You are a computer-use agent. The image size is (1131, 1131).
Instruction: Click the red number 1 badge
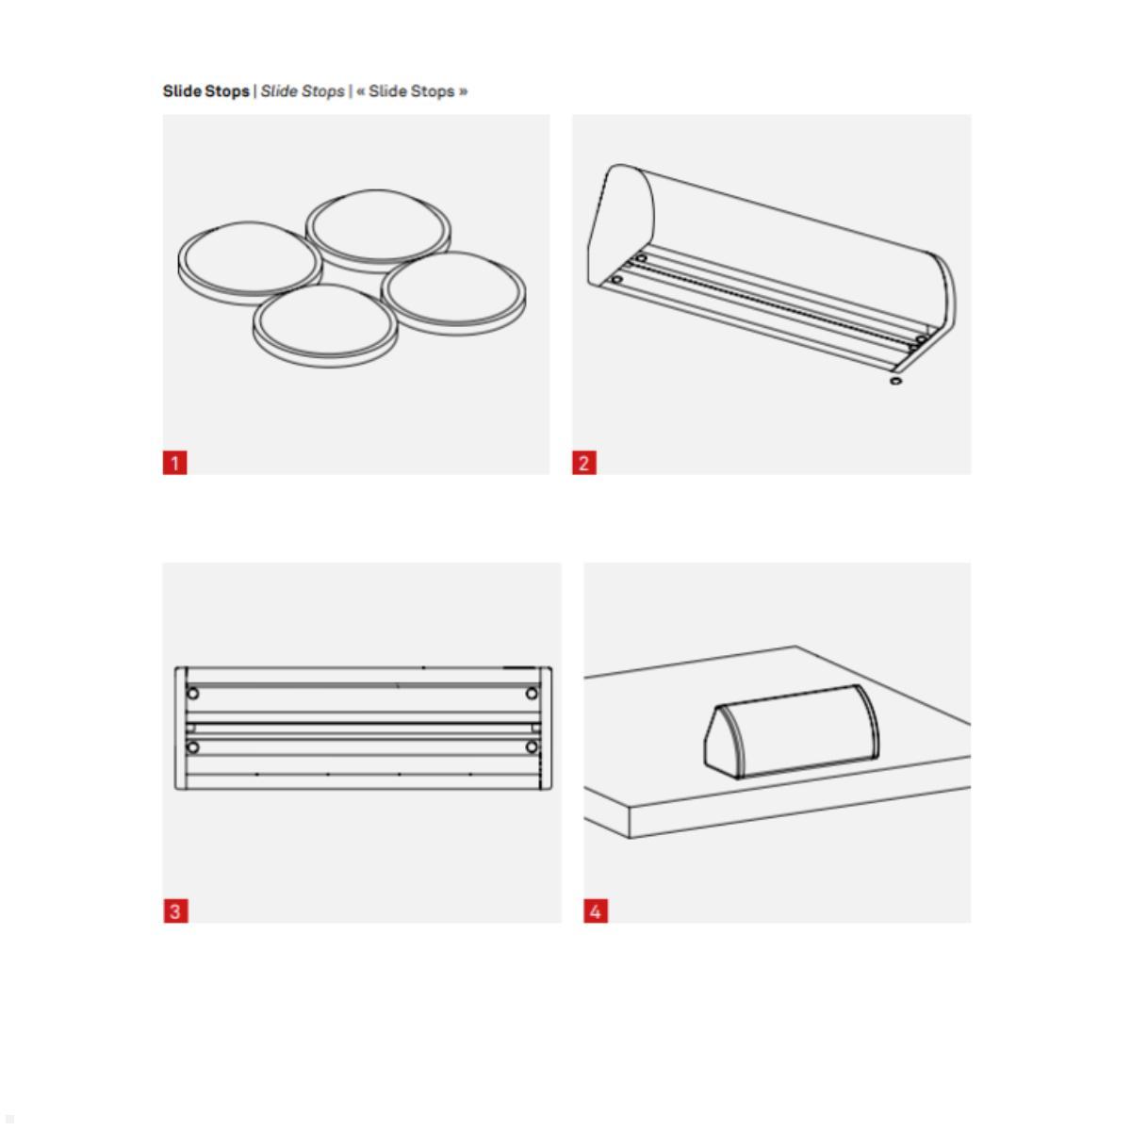click(x=175, y=463)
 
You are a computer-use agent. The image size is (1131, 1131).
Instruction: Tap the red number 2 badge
click(x=584, y=463)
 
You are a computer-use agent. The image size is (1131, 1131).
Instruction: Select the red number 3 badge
click(x=175, y=911)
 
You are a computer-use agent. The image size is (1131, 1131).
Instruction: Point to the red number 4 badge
click(x=596, y=911)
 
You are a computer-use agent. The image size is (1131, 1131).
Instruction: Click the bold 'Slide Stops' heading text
click(x=205, y=91)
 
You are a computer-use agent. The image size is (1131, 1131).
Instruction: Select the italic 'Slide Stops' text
click(x=303, y=91)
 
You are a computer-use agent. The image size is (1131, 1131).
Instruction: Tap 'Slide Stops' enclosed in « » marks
click(x=412, y=91)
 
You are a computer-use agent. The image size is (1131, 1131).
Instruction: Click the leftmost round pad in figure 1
click(x=248, y=261)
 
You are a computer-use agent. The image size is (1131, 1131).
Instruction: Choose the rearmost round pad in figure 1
click(x=378, y=226)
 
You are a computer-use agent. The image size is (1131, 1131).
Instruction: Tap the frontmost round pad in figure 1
click(x=322, y=324)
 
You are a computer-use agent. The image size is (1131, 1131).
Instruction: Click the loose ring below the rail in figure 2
click(x=895, y=381)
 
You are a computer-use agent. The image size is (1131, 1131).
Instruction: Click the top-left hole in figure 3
click(x=193, y=694)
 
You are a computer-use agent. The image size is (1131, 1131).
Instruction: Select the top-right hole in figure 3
click(x=532, y=694)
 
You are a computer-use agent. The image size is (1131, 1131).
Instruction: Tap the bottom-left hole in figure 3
click(x=193, y=747)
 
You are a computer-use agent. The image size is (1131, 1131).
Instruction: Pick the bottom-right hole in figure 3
click(x=532, y=747)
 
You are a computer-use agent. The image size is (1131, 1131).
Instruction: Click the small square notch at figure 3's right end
click(x=536, y=728)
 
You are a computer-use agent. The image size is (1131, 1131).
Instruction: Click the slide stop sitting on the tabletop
click(x=792, y=730)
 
